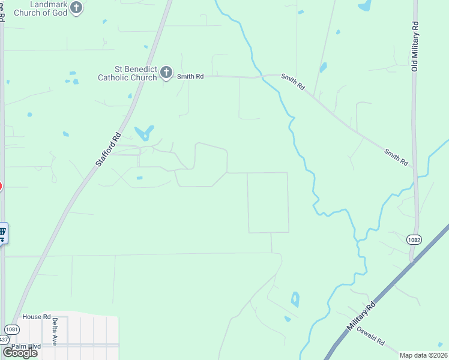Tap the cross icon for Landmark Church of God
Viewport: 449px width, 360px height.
tap(76, 7)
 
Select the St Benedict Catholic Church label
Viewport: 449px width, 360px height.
tap(128, 73)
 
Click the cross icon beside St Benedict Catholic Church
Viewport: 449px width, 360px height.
tap(166, 73)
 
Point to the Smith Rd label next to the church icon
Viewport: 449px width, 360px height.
tap(190, 76)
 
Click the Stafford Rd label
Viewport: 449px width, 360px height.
tap(108, 149)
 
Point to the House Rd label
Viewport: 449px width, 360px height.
tap(37, 317)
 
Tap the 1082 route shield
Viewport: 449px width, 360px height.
tap(414, 239)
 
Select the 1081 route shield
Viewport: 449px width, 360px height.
tap(11, 329)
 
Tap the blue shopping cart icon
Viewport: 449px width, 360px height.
tap(2, 232)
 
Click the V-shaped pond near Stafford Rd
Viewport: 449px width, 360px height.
tap(144, 133)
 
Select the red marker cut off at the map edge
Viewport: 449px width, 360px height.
tap(1, 187)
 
